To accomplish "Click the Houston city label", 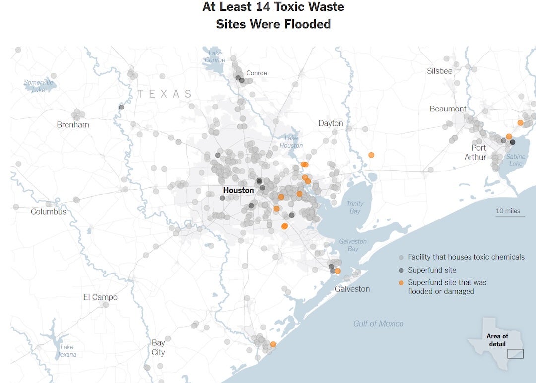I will [238, 190].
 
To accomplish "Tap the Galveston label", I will [352, 289].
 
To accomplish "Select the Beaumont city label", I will [448, 109].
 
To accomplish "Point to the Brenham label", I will [73, 125].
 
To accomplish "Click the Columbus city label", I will [49, 212].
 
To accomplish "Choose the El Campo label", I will [100, 297].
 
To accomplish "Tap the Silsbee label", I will [440, 71].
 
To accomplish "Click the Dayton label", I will [331, 123].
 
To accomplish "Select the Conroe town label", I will [257, 73].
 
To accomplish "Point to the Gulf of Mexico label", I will [378, 324].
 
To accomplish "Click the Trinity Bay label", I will [355, 207].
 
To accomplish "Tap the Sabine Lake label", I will [516, 160].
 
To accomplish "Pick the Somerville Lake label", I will [38, 86].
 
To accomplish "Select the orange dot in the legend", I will [402, 282].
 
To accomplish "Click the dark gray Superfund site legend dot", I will [402, 270].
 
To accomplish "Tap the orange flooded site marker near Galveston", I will [338, 271].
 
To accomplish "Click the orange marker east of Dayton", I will [371, 155].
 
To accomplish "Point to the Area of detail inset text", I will [497, 340].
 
